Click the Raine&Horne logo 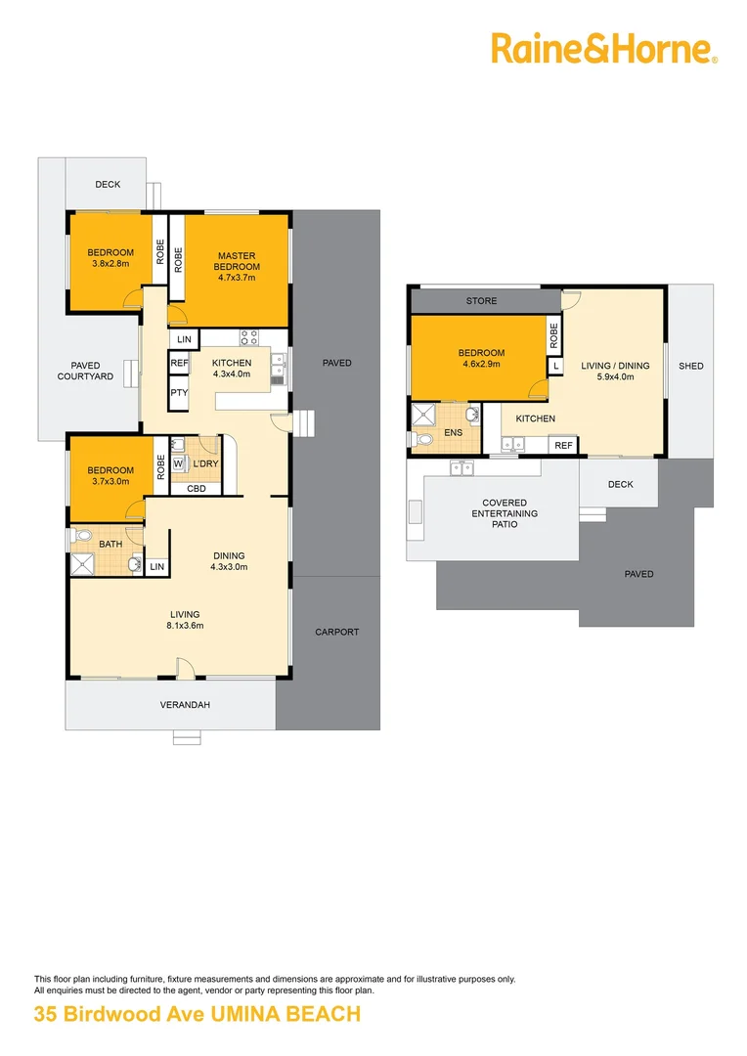(x=603, y=48)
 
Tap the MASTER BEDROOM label (x=237, y=262)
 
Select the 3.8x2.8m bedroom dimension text (x=110, y=263)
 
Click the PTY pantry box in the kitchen (x=179, y=393)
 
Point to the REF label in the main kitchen (x=179, y=363)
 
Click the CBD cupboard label (x=196, y=488)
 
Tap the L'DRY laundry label (x=205, y=463)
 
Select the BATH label (x=110, y=544)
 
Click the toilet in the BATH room (x=82, y=536)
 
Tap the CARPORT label (x=336, y=632)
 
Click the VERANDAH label (x=185, y=704)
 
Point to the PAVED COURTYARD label (x=85, y=371)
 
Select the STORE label (x=481, y=301)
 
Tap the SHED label (x=690, y=366)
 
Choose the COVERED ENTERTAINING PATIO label (x=504, y=513)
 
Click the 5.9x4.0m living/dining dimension (x=615, y=376)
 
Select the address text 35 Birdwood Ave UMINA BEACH (x=198, y=1015)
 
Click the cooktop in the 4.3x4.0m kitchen (x=249, y=339)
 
